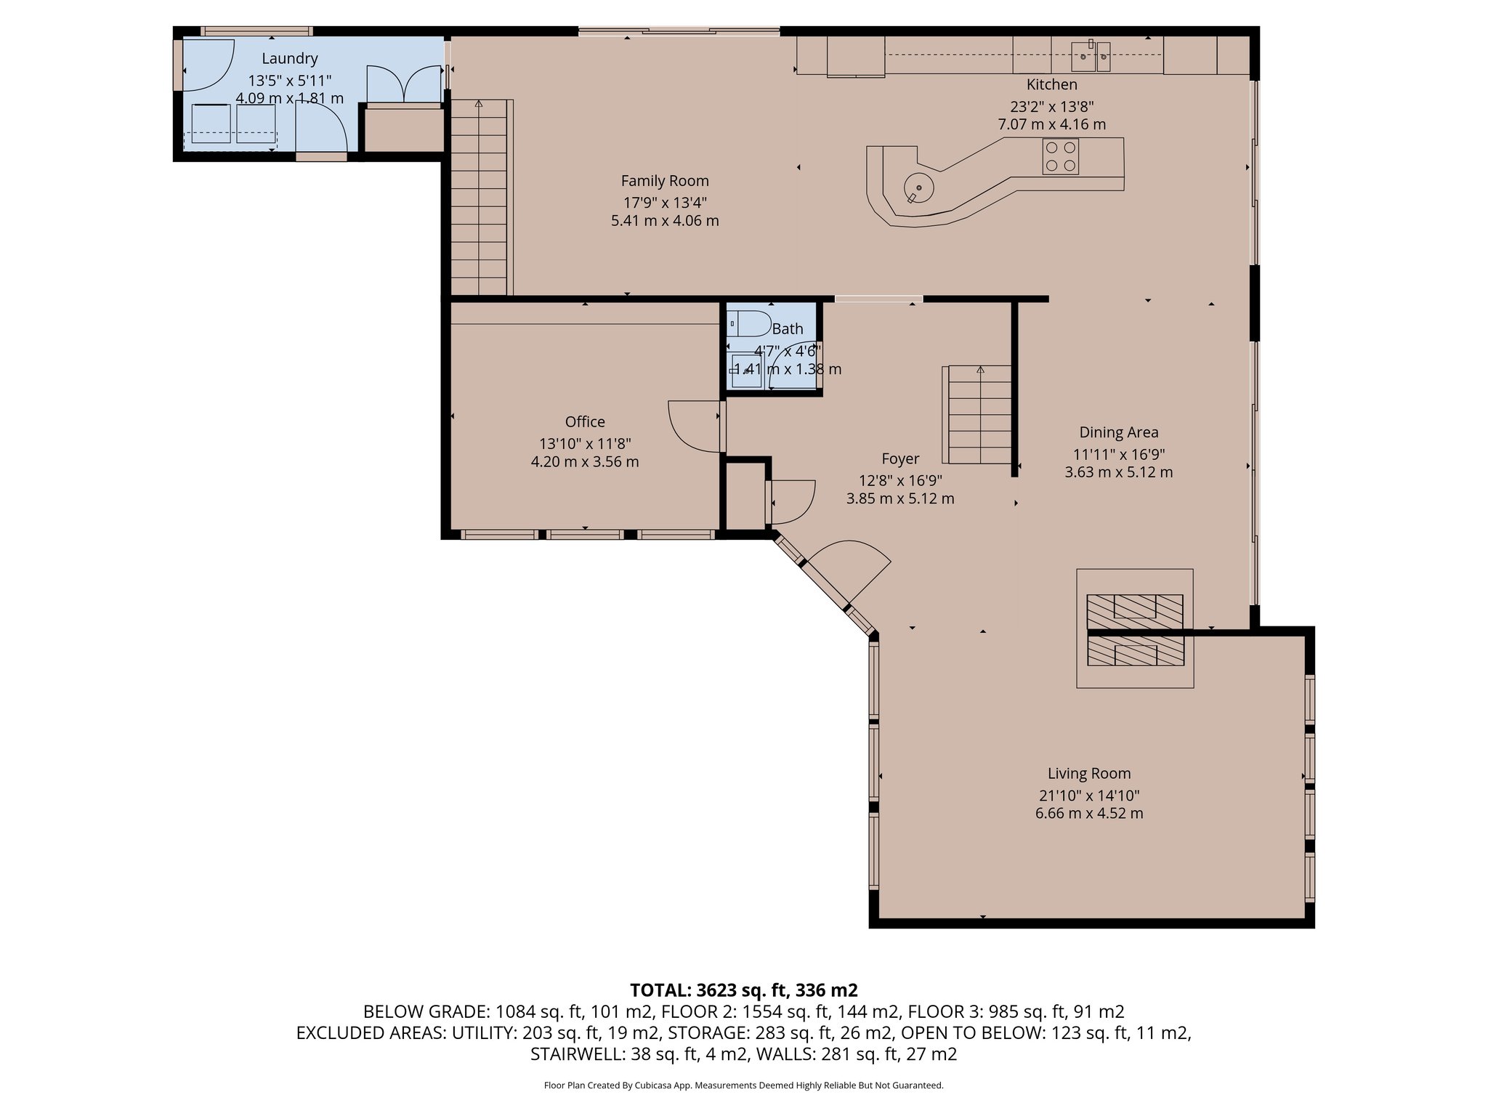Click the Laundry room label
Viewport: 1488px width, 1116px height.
(x=290, y=59)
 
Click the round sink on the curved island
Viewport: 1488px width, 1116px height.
(x=919, y=188)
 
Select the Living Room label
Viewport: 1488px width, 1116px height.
(x=1088, y=774)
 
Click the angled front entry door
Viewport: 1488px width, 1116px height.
(x=850, y=570)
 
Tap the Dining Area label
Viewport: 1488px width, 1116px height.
(x=1118, y=433)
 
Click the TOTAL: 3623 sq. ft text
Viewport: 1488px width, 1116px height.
(x=743, y=990)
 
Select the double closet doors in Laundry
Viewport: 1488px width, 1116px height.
(x=404, y=84)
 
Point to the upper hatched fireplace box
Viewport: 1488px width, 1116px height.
(x=1134, y=611)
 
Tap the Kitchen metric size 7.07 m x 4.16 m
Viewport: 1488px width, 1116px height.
(x=1051, y=124)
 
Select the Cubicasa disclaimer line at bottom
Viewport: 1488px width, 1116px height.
(x=743, y=1085)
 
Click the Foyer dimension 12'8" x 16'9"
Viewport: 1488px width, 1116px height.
(x=900, y=480)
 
